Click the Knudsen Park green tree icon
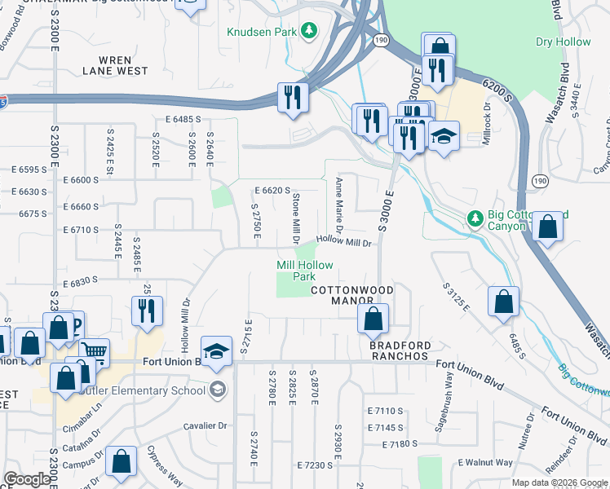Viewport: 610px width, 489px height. click(308, 31)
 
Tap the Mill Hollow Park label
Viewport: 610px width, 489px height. click(296, 271)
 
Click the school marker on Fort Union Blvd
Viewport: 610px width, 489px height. click(216, 350)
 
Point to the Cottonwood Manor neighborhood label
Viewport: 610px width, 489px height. click(352, 295)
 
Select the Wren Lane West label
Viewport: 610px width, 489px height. click(115, 65)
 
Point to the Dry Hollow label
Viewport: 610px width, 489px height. click(563, 42)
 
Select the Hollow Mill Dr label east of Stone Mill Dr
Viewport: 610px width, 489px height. click(343, 241)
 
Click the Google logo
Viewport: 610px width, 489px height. click(27, 479)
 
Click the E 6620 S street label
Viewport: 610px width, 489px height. click(272, 190)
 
